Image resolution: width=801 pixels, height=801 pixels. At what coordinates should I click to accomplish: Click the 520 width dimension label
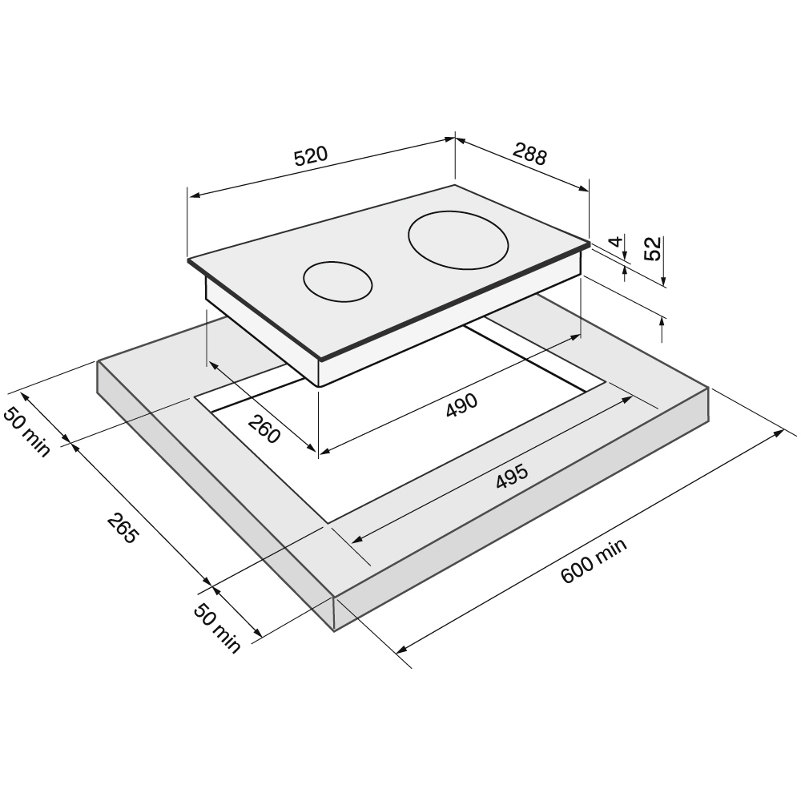pos(311,156)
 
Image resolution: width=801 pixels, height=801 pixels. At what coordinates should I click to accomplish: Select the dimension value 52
pos(652,248)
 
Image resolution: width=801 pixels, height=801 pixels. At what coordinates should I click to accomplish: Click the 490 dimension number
pos(462,405)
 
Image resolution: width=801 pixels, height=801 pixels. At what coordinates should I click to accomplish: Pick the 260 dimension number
pos(264,428)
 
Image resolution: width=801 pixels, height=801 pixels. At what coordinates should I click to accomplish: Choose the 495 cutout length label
pos(512,476)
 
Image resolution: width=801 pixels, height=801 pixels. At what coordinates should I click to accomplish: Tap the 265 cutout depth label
pos(123,528)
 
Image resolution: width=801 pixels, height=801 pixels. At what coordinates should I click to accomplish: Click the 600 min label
pos(594,561)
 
